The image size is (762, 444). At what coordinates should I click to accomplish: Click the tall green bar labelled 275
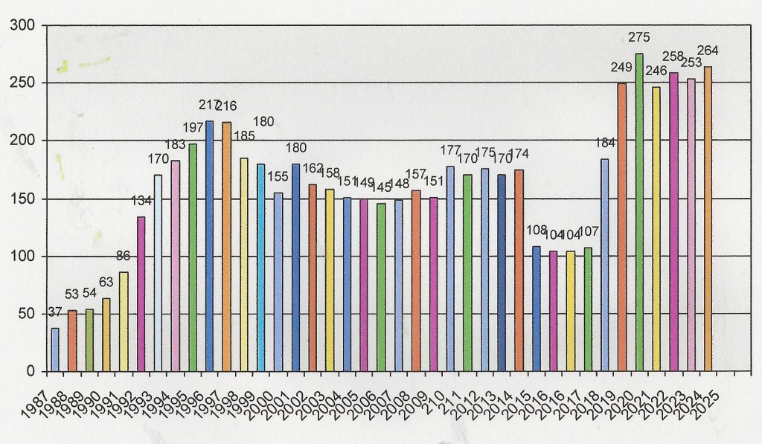(x=638, y=212)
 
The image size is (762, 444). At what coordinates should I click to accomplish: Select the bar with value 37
(x=55, y=350)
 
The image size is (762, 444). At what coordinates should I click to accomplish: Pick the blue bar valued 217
(x=210, y=245)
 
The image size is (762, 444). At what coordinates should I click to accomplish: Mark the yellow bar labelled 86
(x=124, y=321)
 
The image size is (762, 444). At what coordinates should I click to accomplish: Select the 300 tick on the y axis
(x=22, y=26)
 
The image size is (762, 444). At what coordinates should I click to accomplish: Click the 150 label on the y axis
(x=22, y=199)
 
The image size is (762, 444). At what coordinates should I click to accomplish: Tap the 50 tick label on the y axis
(x=26, y=315)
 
